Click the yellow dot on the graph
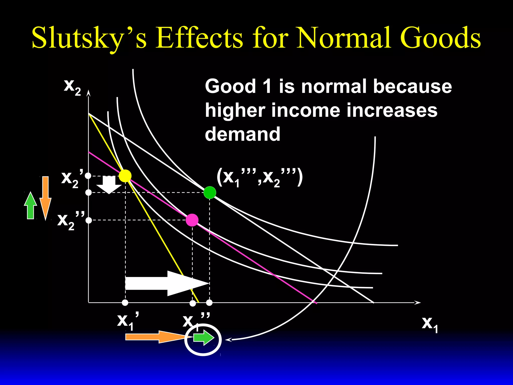pyautogui.click(x=125, y=176)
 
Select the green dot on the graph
pyautogui.click(x=210, y=192)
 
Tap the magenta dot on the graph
pyautogui.click(x=192, y=220)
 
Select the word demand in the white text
pyautogui.click(x=242, y=134)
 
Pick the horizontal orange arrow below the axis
pyautogui.click(x=155, y=337)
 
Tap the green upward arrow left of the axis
pyautogui.click(x=31, y=206)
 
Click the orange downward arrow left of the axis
pyautogui.click(x=45, y=198)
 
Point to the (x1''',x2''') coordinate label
pyautogui.click(x=260, y=177)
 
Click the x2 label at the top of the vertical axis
pyautogui.click(x=72, y=87)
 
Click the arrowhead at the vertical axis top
pyautogui.click(x=88, y=93)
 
